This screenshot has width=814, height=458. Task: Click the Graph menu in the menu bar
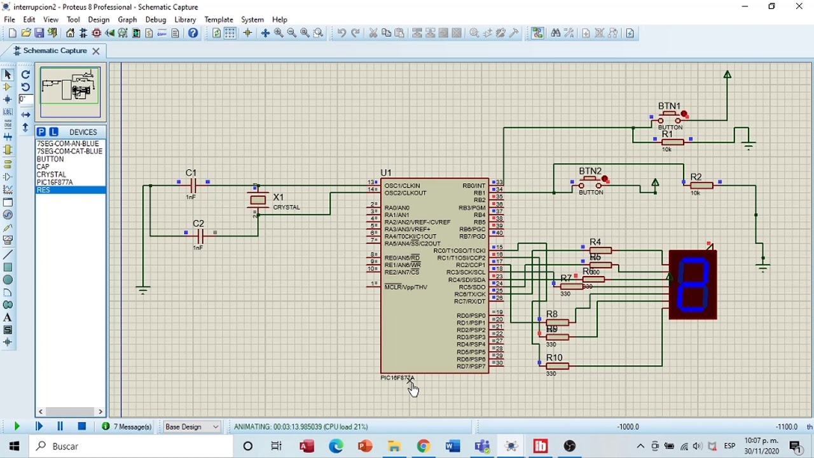[127, 20]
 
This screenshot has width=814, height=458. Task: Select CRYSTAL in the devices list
[52, 174]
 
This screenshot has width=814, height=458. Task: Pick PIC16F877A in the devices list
[55, 182]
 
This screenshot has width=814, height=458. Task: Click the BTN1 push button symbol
[669, 118]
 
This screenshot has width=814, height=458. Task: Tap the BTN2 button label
[590, 171]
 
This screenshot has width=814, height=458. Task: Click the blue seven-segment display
[693, 284]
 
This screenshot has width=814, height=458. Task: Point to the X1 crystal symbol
[258, 200]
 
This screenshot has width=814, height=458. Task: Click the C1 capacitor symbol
[193, 185]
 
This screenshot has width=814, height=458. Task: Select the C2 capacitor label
[198, 224]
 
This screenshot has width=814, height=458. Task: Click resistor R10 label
[554, 358]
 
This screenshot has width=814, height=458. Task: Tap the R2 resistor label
[696, 177]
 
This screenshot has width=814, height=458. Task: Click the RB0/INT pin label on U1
[474, 186]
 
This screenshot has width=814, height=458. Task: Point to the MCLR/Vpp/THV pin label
[406, 287]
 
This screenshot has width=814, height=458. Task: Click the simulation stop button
[81, 427]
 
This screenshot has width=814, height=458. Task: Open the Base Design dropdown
[191, 427]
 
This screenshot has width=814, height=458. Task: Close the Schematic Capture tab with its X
[96, 51]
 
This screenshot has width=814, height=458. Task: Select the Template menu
[219, 20]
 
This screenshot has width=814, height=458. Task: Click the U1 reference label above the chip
[386, 173]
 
